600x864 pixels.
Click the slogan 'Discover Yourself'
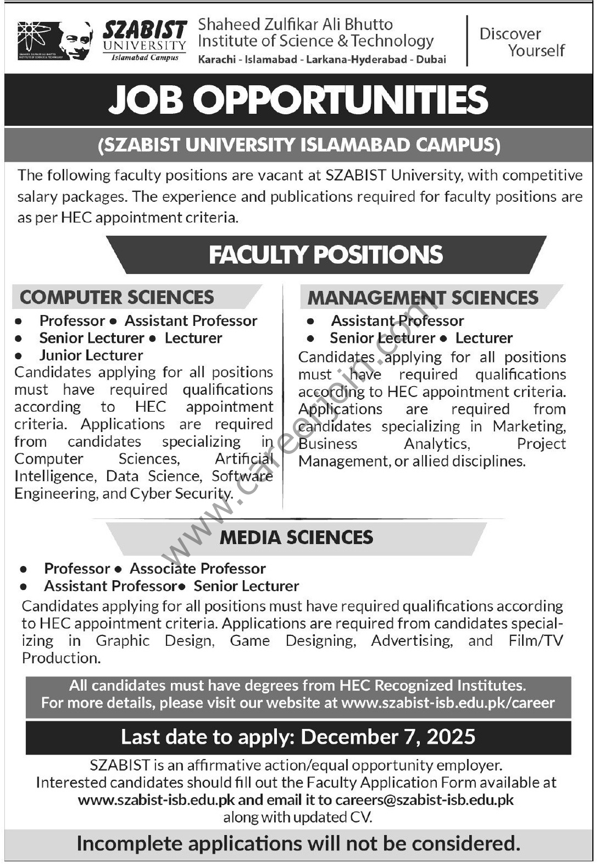click(x=521, y=42)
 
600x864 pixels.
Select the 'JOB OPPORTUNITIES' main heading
click(x=298, y=100)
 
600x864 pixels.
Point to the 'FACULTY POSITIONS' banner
click(x=326, y=255)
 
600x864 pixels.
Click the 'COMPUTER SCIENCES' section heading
click(x=117, y=297)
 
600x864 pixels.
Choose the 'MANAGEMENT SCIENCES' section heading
click(x=423, y=297)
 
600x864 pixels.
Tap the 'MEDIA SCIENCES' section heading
click(x=296, y=538)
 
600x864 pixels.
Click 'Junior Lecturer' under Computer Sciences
click(x=91, y=355)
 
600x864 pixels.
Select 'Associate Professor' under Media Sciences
click(x=198, y=569)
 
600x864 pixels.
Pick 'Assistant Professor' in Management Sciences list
click(x=397, y=320)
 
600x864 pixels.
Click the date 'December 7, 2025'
click(x=388, y=737)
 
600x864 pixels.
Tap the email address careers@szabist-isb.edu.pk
click(x=424, y=800)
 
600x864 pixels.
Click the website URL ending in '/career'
click(x=448, y=703)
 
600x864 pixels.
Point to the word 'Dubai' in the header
click(x=431, y=60)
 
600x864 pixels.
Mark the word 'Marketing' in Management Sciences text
click(x=528, y=427)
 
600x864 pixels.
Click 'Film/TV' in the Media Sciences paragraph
click(x=535, y=641)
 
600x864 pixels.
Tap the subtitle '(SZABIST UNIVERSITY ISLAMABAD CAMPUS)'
click(x=298, y=145)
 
